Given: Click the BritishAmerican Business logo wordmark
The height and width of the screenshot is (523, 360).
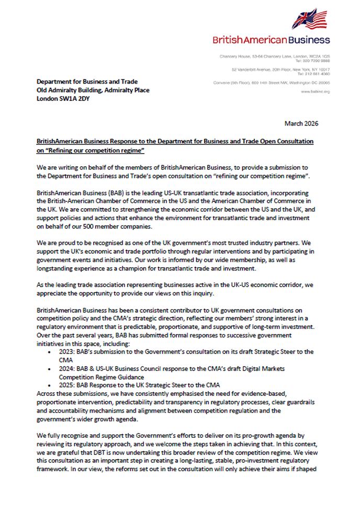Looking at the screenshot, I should pos(271,40).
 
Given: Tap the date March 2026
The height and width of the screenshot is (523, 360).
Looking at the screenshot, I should pos(301,123).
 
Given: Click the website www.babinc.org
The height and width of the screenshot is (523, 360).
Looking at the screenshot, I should pos(316,92).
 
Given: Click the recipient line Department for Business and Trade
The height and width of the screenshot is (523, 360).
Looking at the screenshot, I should pos(86,82).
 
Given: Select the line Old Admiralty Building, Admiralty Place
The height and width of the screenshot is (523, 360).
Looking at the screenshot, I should pos(93,90).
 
